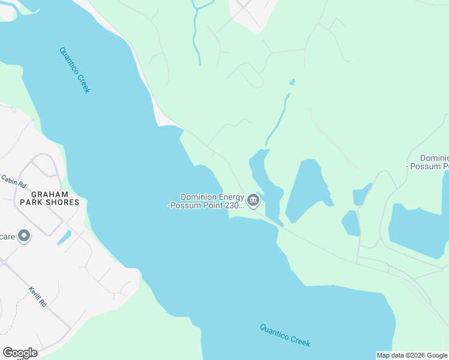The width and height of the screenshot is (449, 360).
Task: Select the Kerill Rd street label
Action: click(x=37, y=296)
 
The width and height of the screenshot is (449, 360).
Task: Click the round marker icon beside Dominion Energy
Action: click(x=253, y=200)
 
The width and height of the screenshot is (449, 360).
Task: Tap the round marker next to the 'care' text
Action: click(x=24, y=236)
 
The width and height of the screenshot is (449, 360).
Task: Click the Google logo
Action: click(x=20, y=353)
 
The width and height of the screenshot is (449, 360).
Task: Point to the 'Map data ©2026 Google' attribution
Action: click(x=412, y=355)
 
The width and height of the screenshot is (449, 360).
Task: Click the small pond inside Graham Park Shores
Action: click(x=64, y=238)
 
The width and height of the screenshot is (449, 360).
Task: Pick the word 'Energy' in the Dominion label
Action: click(x=226, y=196)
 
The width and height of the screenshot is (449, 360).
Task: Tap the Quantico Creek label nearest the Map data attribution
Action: click(x=285, y=335)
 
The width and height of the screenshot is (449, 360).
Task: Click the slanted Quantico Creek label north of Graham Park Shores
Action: click(x=74, y=70)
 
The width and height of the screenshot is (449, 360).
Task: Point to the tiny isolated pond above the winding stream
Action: click(x=292, y=82)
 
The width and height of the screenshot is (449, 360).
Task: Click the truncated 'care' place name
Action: click(x=7, y=236)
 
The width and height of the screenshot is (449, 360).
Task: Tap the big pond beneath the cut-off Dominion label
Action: click(x=417, y=228)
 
